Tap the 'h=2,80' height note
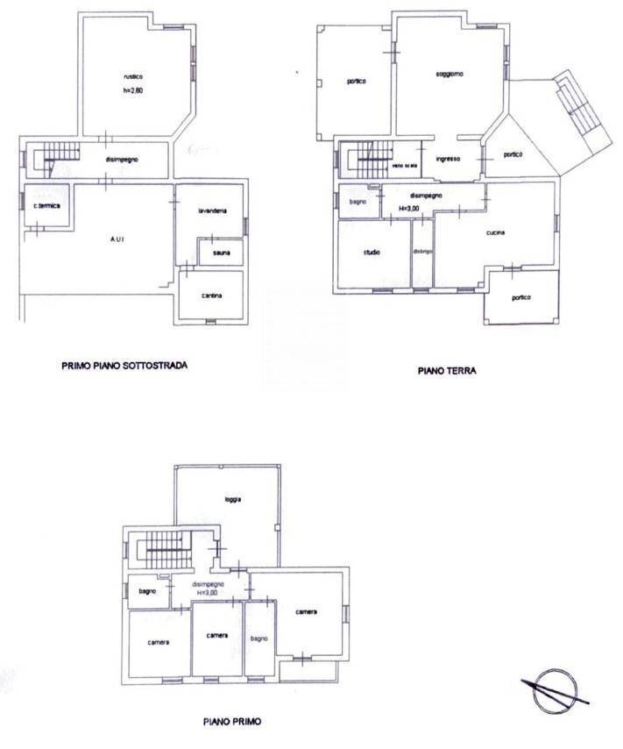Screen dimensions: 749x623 (x=134, y=91)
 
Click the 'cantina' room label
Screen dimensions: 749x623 (x=211, y=296)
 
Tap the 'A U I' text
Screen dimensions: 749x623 (x=115, y=239)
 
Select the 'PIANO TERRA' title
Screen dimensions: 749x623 (x=447, y=371)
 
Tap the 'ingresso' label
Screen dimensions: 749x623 (x=449, y=159)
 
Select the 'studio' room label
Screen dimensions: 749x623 (x=372, y=253)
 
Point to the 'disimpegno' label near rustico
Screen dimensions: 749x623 (x=124, y=160)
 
